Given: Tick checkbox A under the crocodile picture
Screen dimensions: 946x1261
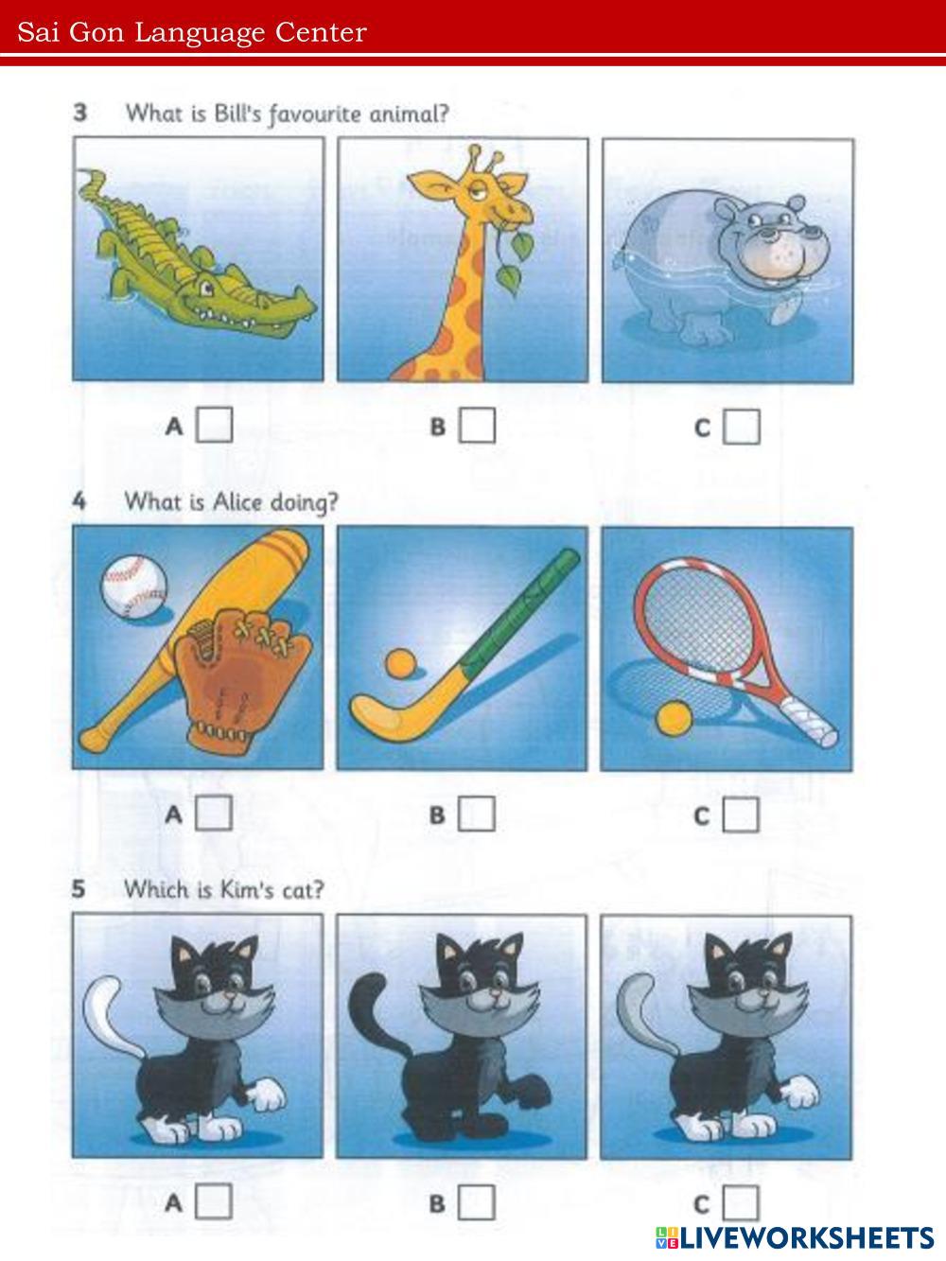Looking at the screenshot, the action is [x=214, y=425].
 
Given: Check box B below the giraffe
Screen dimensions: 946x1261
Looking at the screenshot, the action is [x=477, y=425].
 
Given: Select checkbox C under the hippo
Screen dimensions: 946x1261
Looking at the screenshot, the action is [x=742, y=427].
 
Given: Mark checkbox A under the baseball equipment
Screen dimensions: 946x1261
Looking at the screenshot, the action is [x=214, y=813].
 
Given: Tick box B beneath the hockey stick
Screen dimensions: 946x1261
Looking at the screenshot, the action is [x=476, y=814].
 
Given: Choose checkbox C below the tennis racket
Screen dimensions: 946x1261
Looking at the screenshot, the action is [x=741, y=814].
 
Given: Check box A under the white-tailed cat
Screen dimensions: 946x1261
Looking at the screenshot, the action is [x=214, y=1201].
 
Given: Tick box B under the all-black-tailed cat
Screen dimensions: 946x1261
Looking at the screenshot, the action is [x=476, y=1202].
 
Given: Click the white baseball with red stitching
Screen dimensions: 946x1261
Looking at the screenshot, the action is [x=134, y=586].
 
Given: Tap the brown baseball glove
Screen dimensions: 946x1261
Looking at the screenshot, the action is [x=241, y=681].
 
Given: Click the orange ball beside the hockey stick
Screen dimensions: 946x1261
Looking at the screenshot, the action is [x=400, y=663].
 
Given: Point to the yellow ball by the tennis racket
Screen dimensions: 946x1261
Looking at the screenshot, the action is [x=674, y=718].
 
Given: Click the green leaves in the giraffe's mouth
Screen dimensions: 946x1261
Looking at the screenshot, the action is [x=516, y=261].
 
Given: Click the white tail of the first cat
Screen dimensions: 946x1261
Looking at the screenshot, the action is [x=110, y=1018].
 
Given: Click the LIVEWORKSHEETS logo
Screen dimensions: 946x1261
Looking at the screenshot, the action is [x=795, y=1237].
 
